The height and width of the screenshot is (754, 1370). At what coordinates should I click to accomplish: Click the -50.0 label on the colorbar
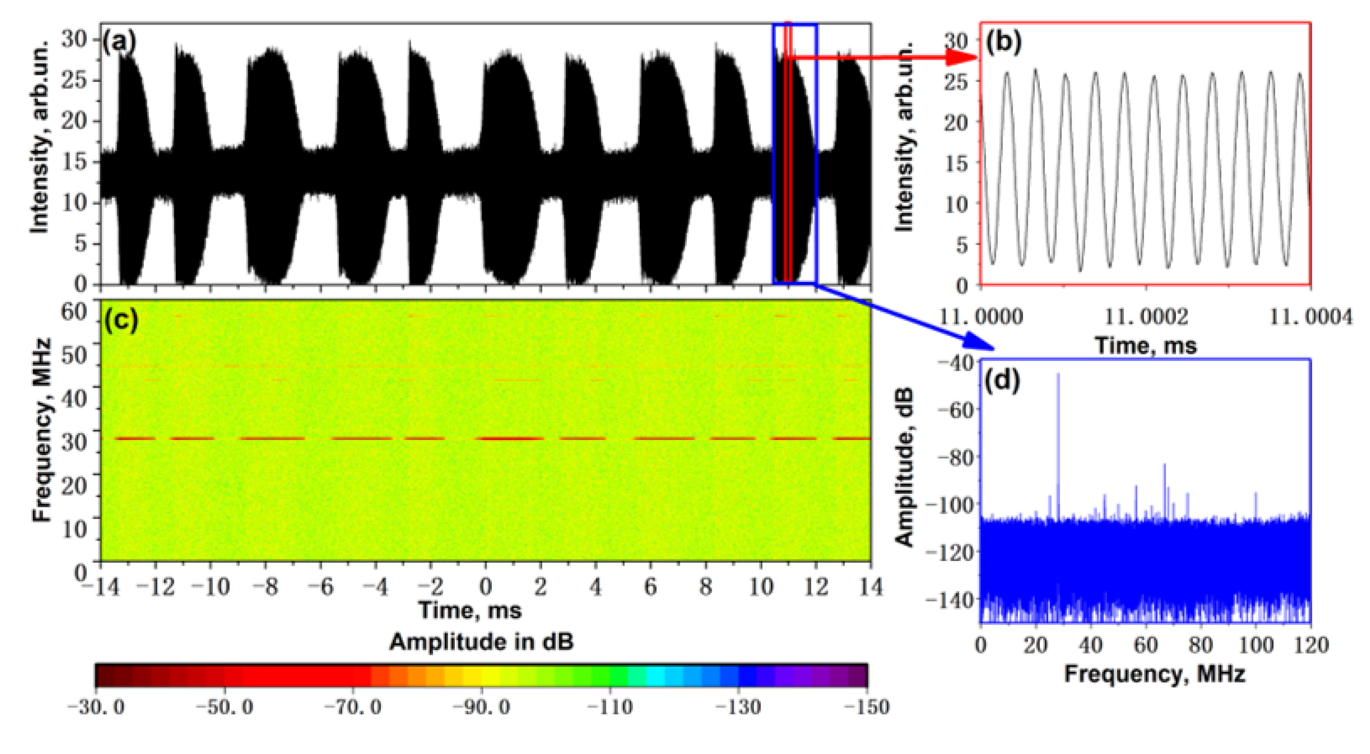point(224,707)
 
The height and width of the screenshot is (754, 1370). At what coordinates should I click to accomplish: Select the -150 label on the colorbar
point(867,707)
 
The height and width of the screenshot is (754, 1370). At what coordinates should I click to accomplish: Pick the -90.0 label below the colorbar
point(481,707)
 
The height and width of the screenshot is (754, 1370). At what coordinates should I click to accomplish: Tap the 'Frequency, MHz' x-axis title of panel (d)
point(1154,674)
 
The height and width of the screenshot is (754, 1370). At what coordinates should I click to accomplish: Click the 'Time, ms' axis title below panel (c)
point(470,610)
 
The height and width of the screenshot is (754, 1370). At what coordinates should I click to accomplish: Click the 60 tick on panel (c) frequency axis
point(75,311)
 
